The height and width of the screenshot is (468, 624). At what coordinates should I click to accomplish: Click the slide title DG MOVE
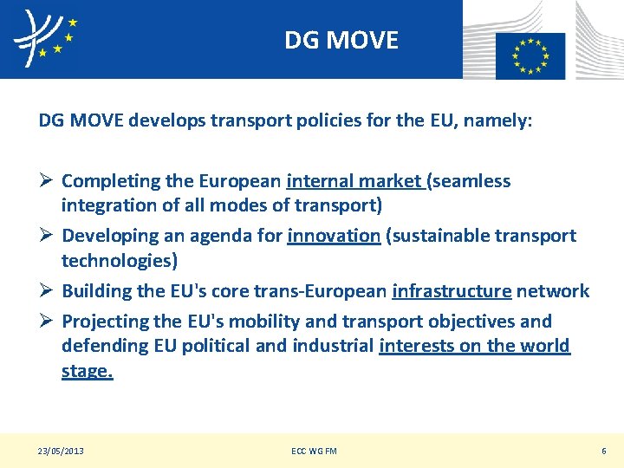(341, 40)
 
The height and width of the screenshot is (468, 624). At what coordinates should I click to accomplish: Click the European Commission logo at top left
(44, 38)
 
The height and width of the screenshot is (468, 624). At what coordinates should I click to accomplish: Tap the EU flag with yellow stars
(530, 54)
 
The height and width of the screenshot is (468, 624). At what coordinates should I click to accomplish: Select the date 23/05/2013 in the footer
(61, 451)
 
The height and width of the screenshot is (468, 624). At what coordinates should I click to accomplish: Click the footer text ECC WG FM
(315, 451)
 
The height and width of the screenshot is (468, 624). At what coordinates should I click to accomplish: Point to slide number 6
(604, 451)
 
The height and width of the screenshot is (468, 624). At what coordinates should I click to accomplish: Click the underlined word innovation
(334, 236)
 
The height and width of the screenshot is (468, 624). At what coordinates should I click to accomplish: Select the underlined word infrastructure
(452, 291)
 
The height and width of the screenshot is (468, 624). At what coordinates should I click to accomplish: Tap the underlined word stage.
(87, 372)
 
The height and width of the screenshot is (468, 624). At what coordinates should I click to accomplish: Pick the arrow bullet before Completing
(46, 181)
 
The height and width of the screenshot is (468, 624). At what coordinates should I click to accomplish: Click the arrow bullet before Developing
(46, 236)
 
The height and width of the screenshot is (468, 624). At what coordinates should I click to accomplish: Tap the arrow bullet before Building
(46, 291)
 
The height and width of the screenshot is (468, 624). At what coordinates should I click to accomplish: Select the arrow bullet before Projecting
(46, 322)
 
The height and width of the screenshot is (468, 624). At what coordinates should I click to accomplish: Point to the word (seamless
(468, 181)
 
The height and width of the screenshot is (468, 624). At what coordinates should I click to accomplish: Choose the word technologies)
(120, 261)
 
